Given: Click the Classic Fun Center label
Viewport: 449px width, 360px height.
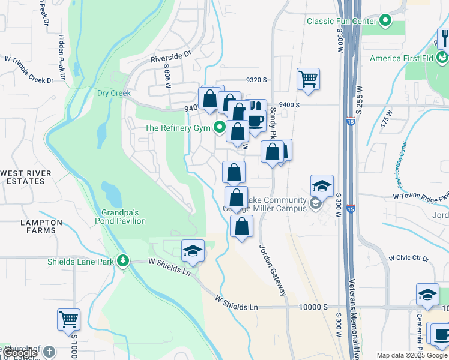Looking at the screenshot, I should coord(341,21).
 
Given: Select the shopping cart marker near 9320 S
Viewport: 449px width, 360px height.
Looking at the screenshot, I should coord(308,79).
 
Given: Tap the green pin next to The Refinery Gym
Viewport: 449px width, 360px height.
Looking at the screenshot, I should coord(220,127).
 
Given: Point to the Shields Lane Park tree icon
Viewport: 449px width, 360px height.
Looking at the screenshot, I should coord(122,260).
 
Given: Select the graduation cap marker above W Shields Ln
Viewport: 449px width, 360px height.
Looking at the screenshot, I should coord(193,251).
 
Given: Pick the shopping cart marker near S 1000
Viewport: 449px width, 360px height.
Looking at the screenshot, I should coord(68,319).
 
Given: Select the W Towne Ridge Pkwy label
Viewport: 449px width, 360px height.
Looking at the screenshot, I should coord(420,196).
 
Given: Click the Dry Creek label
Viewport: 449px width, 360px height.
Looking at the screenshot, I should coord(113,93).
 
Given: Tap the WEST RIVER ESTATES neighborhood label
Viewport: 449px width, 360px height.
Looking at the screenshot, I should coord(26,177).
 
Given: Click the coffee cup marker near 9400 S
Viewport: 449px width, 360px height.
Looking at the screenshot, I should coord(255,121).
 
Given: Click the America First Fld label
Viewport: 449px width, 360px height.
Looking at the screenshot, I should coord(402,58).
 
